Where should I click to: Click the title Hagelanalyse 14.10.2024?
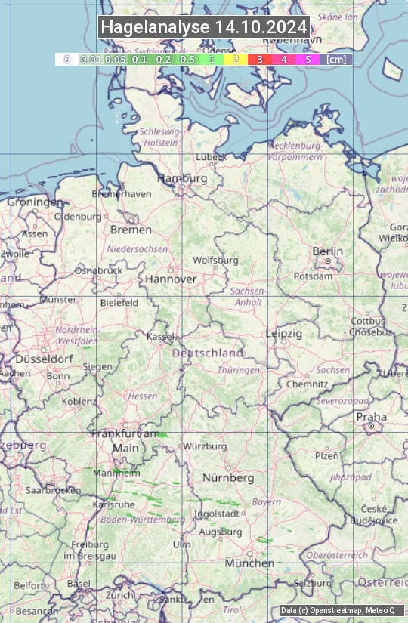pos(204,27)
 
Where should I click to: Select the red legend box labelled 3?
pos(259,59)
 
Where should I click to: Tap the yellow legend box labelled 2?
pos(236,59)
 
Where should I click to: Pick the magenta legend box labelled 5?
pos(308,59)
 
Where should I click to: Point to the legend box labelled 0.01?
pos(91,59)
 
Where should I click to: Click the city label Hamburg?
pos(181,178)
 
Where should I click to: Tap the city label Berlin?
pos(327,251)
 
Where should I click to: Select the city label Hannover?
pos(171,279)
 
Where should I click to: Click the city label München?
pos(249,563)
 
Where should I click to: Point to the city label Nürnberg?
pos(228,478)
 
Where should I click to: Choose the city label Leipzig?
pos(284,333)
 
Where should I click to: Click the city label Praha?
pos(371,417)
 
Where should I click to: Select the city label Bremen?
pos(131,230)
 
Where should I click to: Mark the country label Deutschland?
pos(208,353)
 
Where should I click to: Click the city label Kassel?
pos(160,336)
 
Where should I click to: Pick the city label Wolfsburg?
pos(215,260)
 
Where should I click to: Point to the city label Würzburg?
pos(205,446)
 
